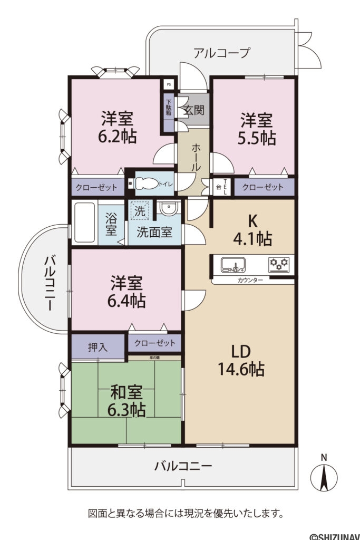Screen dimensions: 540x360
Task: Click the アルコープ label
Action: pos(221,53)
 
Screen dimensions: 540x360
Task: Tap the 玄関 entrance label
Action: pos(193,111)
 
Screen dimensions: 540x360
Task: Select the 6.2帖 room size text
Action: pos(117,137)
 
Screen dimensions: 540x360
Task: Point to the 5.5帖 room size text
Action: pos(257,138)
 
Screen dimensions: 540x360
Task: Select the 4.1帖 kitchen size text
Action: pos(252,239)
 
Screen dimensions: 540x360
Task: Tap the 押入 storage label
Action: pos(98,347)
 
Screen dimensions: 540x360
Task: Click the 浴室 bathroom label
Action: pos(111,224)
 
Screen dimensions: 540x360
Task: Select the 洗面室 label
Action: pos(154,232)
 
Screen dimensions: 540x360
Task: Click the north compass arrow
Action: pos(324,478)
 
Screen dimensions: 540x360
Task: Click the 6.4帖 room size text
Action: pos(127,301)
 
